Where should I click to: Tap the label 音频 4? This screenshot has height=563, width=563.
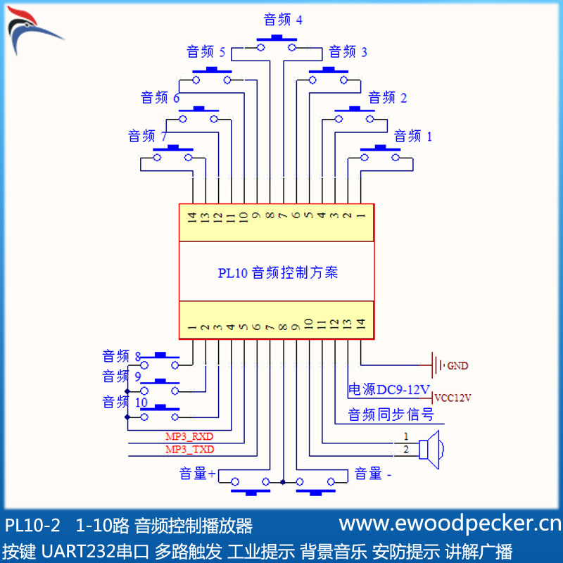tap(283, 20)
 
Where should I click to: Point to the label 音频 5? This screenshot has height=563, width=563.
tap(205, 52)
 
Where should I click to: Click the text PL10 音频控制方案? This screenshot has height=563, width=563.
tap(278, 272)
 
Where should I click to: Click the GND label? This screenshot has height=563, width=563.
tap(457, 366)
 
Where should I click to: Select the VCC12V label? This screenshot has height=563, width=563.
tap(452, 398)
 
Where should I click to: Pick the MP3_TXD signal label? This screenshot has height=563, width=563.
tap(189, 450)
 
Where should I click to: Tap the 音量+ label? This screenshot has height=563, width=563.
tap(196, 474)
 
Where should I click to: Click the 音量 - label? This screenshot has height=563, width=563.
tap(373, 474)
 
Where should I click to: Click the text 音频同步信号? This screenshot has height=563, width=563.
tap(391, 415)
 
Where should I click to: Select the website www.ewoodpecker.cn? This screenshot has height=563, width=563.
tap(450, 524)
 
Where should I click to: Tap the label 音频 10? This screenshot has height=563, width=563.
tap(125, 403)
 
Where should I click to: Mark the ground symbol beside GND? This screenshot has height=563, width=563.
tap(436, 366)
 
